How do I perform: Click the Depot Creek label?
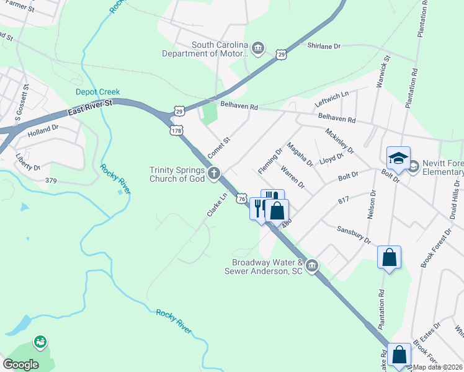click(x=97, y=92)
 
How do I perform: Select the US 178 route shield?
click(x=176, y=130)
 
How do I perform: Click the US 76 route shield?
click(x=242, y=197)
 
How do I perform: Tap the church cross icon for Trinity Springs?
click(x=214, y=174)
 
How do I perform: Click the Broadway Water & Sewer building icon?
click(x=312, y=266)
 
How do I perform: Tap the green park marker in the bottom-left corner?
click(x=40, y=342)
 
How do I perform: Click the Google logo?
click(x=20, y=365)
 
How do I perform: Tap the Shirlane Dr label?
click(x=324, y=46)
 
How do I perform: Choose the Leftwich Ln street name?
click(x=332, y=99)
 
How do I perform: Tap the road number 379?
click(x=55, y=180)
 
